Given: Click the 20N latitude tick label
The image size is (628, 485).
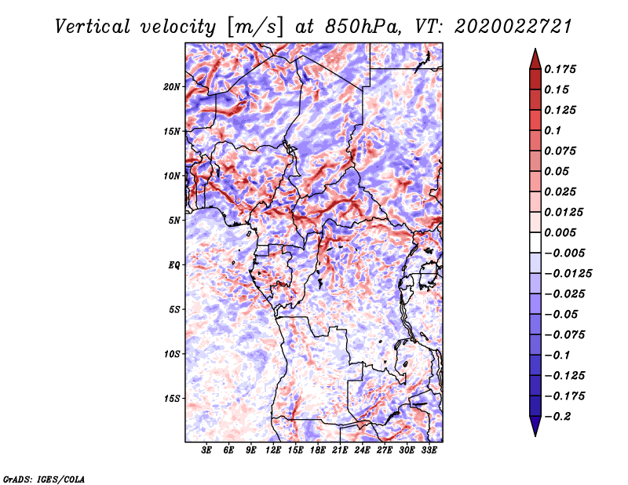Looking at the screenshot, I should tap(173, 86).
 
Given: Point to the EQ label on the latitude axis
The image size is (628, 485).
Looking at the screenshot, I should tap(174, 264).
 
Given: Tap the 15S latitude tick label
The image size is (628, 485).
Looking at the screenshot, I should tap(173, 398).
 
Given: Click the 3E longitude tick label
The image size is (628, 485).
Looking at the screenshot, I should tap(207, 451).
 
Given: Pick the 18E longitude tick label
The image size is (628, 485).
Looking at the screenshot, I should tap(318, 451).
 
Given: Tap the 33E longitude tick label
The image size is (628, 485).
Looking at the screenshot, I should tap(429, 451).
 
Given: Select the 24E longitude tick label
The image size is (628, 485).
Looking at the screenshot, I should tap(363, 451).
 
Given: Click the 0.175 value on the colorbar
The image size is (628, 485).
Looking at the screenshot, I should tap(562, 69).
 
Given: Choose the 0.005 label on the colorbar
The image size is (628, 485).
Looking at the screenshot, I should tap(562, 232).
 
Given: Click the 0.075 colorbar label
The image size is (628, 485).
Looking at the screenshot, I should tap(562, 151).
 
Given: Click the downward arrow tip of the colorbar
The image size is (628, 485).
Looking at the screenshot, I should tap(535, 434).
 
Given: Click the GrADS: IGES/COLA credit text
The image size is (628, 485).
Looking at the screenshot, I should tap(44, 478).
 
